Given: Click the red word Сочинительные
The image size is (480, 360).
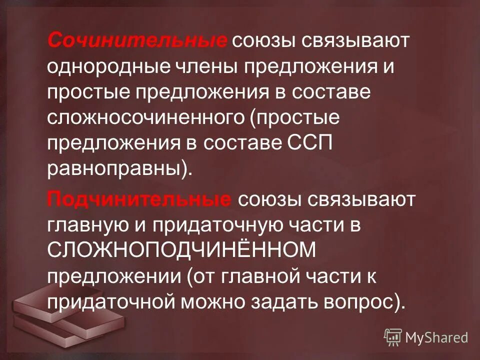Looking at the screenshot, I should [x=137, y=40].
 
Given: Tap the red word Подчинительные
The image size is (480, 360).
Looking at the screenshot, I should [x=139, y=200].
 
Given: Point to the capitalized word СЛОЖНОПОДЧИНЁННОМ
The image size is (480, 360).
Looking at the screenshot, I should [x=182, y=252].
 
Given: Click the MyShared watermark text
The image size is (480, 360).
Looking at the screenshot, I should [x=437, y=337].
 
